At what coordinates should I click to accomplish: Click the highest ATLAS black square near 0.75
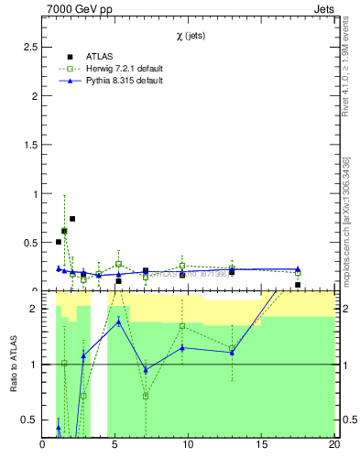(72, 219)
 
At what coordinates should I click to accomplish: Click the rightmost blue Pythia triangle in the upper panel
(298, 269)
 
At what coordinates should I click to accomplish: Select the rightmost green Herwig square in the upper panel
(298, 273)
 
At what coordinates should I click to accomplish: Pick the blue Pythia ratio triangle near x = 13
(232, 353)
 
